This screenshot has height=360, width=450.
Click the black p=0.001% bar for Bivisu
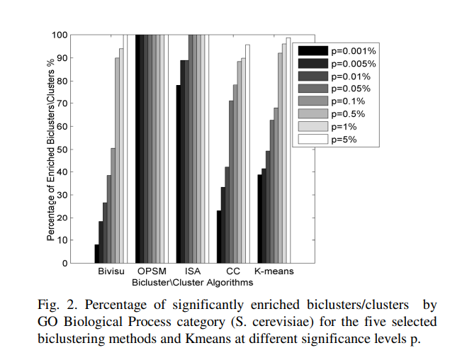(x=96, y=254)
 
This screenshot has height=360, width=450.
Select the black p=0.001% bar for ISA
(x=178, y=174)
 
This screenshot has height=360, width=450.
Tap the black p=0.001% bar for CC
(x=219, y=237)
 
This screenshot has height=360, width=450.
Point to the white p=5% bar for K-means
(x=288, y=150)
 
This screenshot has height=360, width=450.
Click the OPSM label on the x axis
(x=152, y=271)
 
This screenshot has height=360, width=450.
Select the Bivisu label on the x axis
(x=111, y=271)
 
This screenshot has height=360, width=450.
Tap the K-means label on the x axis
(x=274, y=271)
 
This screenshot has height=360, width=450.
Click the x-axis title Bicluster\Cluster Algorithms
(x=192, y=282)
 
